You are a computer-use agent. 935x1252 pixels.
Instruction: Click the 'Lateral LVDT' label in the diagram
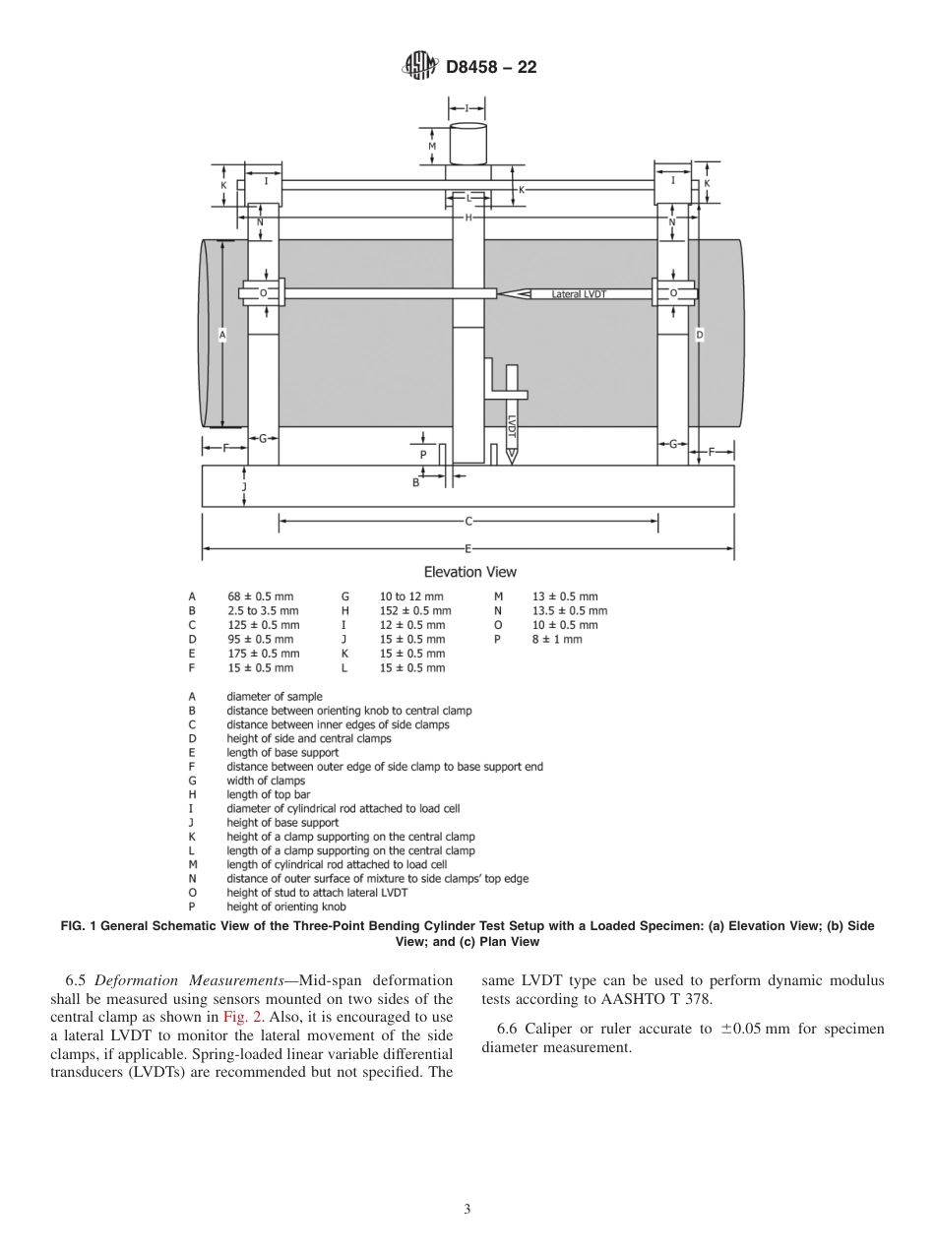click(x=579, y=293)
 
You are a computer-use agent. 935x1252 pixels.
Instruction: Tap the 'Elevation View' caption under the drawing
click(x=469, y=572)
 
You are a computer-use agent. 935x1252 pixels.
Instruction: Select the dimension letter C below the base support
click(x=469, y=522)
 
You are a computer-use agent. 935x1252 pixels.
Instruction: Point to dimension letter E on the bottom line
click(x=468, y=547)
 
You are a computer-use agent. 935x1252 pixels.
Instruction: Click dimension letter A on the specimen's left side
click(x=222, y=335)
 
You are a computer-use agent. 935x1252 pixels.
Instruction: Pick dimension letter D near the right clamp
click(x=700, y=335)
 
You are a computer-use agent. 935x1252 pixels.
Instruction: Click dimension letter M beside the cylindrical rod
click(x=432, y=147)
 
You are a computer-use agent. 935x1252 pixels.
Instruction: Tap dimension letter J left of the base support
click(x=244, y=486)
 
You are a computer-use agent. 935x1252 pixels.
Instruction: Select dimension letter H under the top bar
click(x=469, y=217)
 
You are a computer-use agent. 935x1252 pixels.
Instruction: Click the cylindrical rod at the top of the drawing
click(x=467, y=144)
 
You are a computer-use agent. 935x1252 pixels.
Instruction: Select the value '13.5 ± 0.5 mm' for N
click(x=570, y=610)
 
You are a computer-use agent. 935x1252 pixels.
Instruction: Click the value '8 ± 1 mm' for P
click(x=557, y=639)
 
